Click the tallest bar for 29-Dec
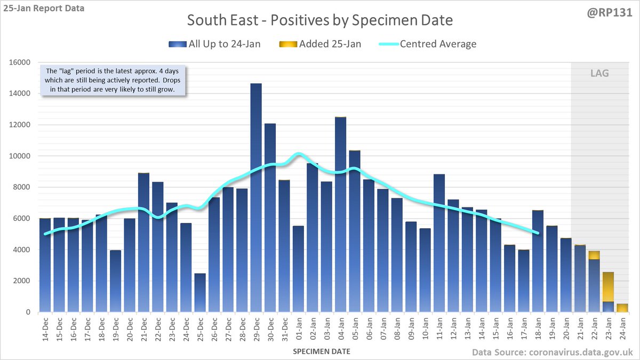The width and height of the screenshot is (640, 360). tap(256, 197)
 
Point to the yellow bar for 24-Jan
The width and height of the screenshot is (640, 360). tap(621, 308)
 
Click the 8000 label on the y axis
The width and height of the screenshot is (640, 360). tap(22, 187)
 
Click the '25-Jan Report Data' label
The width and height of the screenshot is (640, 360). tap(43, 8)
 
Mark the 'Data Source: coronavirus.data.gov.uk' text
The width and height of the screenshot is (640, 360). tap(552, 351)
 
